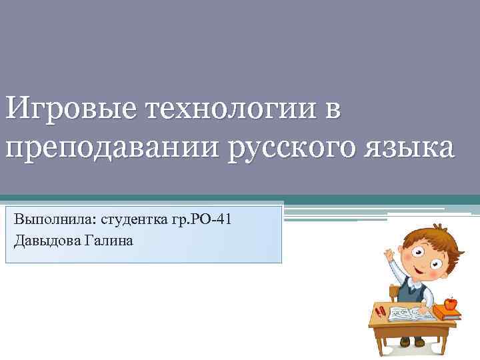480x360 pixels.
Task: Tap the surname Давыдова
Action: (x=47, y=240)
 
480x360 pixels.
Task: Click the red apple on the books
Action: (x=450, y=304)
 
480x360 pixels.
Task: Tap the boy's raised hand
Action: (x=389, y=255)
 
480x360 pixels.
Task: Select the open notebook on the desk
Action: (x=410, y=313)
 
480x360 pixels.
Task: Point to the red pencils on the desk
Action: (x=380, y=311)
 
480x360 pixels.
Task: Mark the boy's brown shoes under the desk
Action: (x=411, y=341)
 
